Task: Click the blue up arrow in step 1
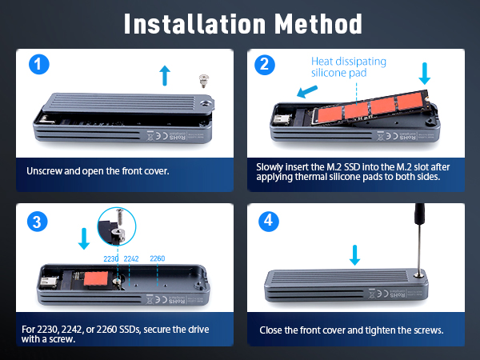(165, 76)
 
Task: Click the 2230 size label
(111, 259)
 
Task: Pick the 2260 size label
(158, 259)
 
